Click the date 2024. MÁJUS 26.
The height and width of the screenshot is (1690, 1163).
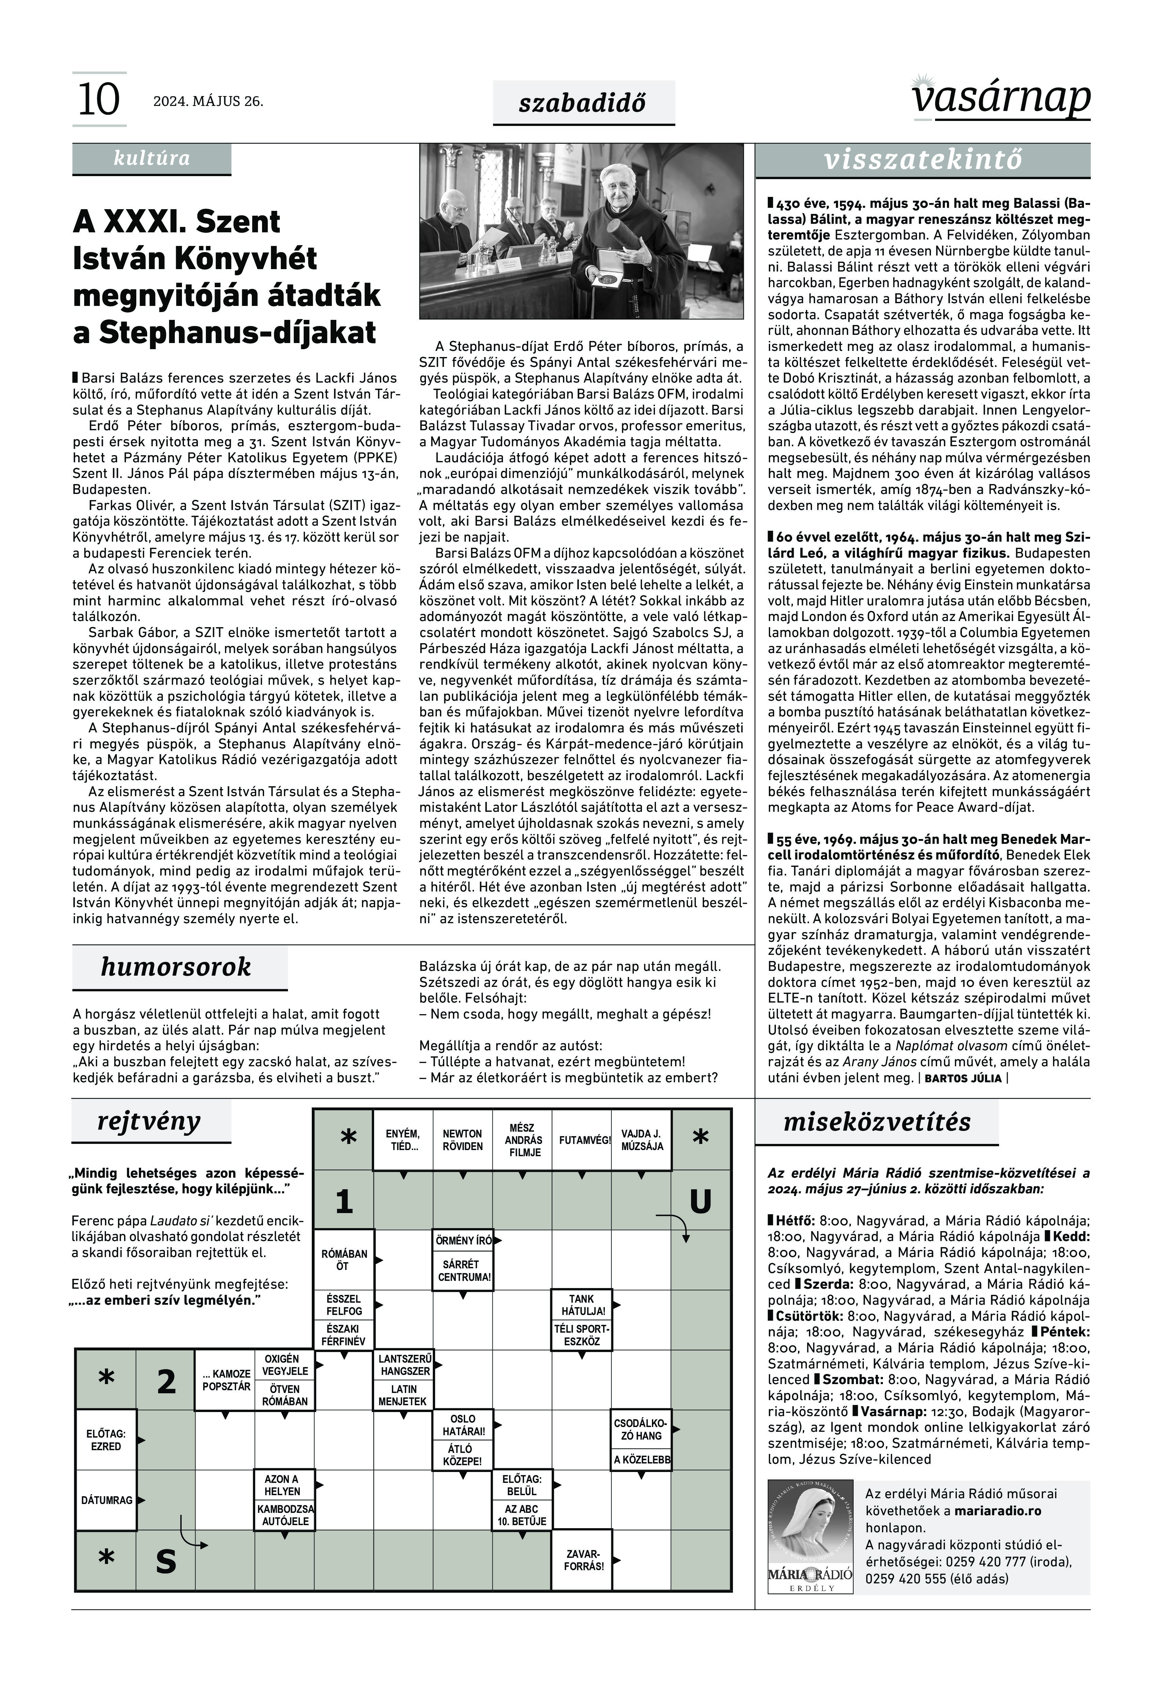(208, 101)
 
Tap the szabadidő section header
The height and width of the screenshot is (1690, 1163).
(583, 103)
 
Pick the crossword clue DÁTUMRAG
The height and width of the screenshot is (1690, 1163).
(106, 1501)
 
